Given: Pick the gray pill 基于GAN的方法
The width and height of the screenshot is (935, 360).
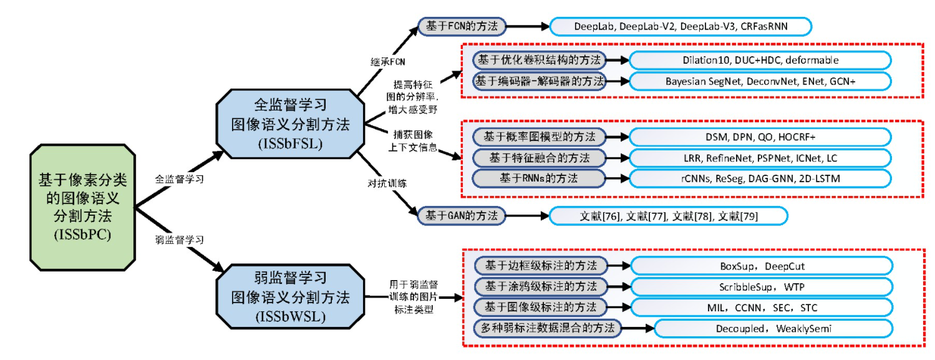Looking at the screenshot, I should coord(462,216).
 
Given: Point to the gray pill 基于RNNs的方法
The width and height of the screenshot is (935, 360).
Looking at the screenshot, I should coord(539,178).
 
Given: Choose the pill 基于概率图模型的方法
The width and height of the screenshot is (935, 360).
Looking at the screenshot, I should coord(539,136).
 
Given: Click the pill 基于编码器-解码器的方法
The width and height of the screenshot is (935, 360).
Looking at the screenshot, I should coord(539,81).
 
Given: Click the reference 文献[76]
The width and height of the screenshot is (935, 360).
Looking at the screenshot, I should coord(598,216).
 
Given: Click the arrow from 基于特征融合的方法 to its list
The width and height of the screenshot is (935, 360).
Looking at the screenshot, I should coord(618,157).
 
